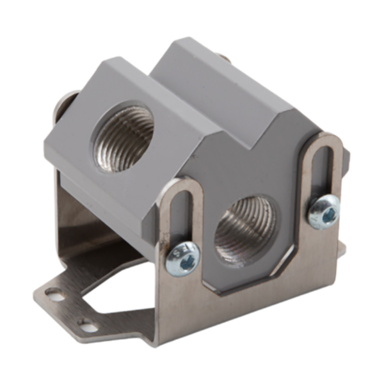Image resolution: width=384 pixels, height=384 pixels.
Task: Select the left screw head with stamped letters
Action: click(x=182, y=259)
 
